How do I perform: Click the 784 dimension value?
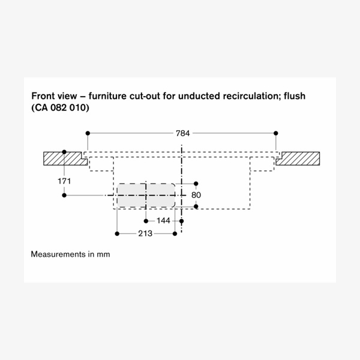(182, 133)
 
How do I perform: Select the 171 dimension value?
(65, 181)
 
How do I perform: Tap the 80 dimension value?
(196, 195)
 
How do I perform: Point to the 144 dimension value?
(163, 221)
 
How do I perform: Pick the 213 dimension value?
(145, 233)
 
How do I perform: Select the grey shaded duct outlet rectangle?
(146, 196)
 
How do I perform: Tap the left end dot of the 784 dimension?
(88, 132)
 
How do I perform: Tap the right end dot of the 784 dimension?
(275, 132)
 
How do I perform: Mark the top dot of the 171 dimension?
(65, 151)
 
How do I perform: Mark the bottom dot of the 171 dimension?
(65, 195)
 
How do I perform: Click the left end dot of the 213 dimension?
(118, 233)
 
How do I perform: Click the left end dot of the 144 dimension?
(146, 220)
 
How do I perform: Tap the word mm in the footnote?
(104, 254)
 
